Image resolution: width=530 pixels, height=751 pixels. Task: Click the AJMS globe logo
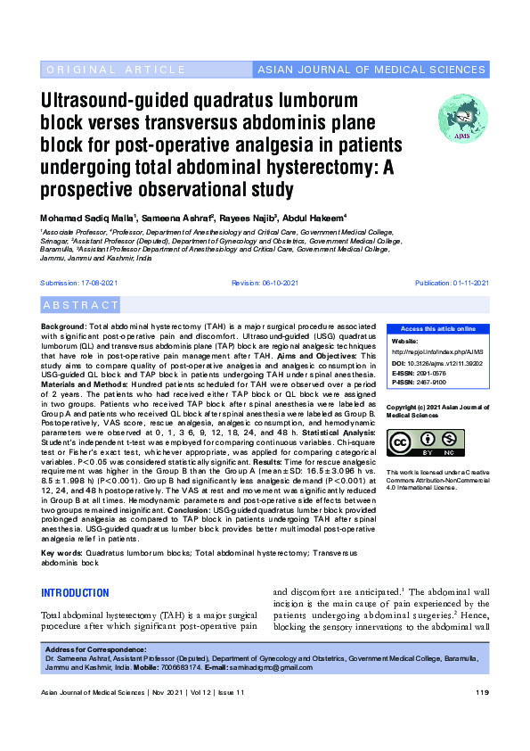point(462,120)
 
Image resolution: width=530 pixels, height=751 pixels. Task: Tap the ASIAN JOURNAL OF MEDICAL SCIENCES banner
point(371,70)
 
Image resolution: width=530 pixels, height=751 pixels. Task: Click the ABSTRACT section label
point(80,305)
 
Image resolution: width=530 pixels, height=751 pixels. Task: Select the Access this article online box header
point(437,329)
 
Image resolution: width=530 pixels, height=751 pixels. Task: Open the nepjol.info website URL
point(434,351)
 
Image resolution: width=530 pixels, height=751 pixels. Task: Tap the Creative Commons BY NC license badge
point(424,443)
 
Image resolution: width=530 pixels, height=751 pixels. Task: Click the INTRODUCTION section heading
point(77,593)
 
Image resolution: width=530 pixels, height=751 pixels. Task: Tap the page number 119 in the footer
point(482,693)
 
